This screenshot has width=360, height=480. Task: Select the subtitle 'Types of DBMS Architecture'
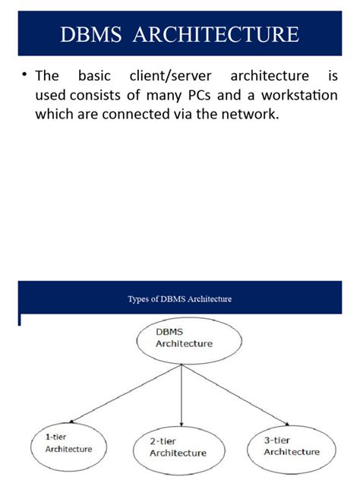coord(180,298)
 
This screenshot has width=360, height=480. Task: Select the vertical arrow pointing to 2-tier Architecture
coord(182,395)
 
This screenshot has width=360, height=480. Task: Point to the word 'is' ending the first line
coord(331,77)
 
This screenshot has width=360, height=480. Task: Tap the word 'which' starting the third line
coord(53,115)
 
